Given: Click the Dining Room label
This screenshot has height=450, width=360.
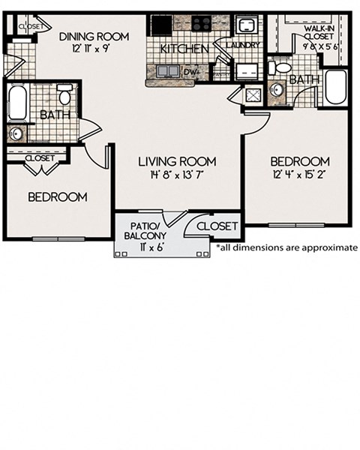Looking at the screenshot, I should [94, 36].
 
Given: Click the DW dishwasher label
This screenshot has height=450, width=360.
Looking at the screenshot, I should [193, 73].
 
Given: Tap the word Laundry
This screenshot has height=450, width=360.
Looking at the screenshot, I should [247, 45].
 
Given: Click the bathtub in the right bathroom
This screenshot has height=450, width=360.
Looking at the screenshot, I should [335, 88].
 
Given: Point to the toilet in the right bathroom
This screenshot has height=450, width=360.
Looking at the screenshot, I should [281, 67].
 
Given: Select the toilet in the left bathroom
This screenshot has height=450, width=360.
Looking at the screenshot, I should [64, 96].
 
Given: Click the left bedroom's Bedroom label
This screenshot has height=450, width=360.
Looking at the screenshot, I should [58, 197].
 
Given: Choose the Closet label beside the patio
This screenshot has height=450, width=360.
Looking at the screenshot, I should [217, 225].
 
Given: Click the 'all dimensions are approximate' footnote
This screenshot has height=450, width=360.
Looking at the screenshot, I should [286, 247].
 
